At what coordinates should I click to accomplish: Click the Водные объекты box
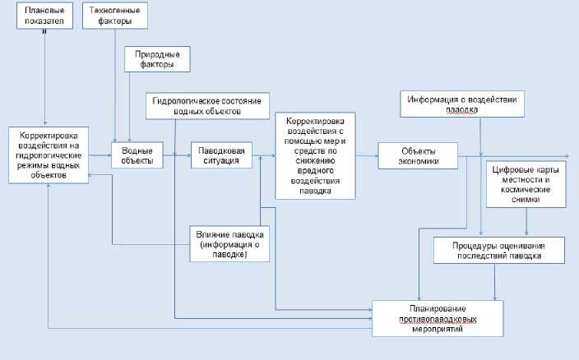click(x=137, y=155)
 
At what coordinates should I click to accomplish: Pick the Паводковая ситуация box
click(x=222, y=155)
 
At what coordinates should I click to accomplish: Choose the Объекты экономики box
click(x=418, y=155)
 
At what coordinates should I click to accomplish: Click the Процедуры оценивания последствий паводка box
click(x=498, y=250)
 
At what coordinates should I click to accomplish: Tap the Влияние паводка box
click(x=229, y=242)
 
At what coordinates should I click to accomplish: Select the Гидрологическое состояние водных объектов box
click(x=206, y=106)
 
